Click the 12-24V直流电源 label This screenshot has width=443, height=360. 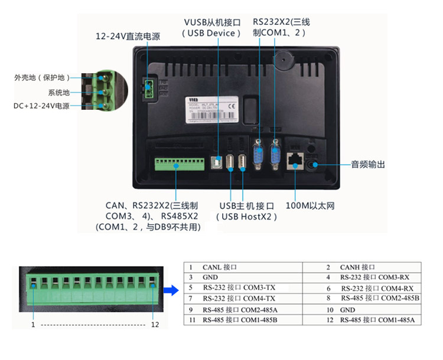click(x=128, y=37)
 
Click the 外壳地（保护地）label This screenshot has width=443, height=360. click(x=42, y=78)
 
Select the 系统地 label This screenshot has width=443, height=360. click(x=58, y=93)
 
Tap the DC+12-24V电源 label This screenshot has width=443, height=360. click(x=41, y=106)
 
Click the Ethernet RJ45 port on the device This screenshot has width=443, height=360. click(x=294, y=161)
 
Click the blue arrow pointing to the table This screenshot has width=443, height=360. click(x=171, y=290)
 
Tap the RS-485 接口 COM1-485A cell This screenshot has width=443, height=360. click(x=377, y=320)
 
